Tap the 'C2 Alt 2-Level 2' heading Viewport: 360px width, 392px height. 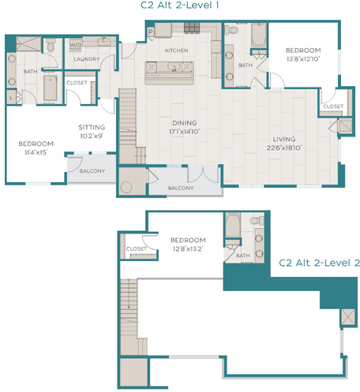[320, 263]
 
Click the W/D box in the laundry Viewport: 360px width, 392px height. [77, 46]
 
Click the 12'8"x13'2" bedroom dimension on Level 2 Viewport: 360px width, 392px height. [187, 248]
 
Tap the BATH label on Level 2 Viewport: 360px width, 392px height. [245, 255]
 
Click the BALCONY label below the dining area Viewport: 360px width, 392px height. [181, 187]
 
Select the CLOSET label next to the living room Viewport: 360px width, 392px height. [332, 106]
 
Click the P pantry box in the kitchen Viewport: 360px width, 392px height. [150, 31]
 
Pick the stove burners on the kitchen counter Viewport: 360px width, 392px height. [191, 28]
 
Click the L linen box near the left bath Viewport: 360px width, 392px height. [9, 95]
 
